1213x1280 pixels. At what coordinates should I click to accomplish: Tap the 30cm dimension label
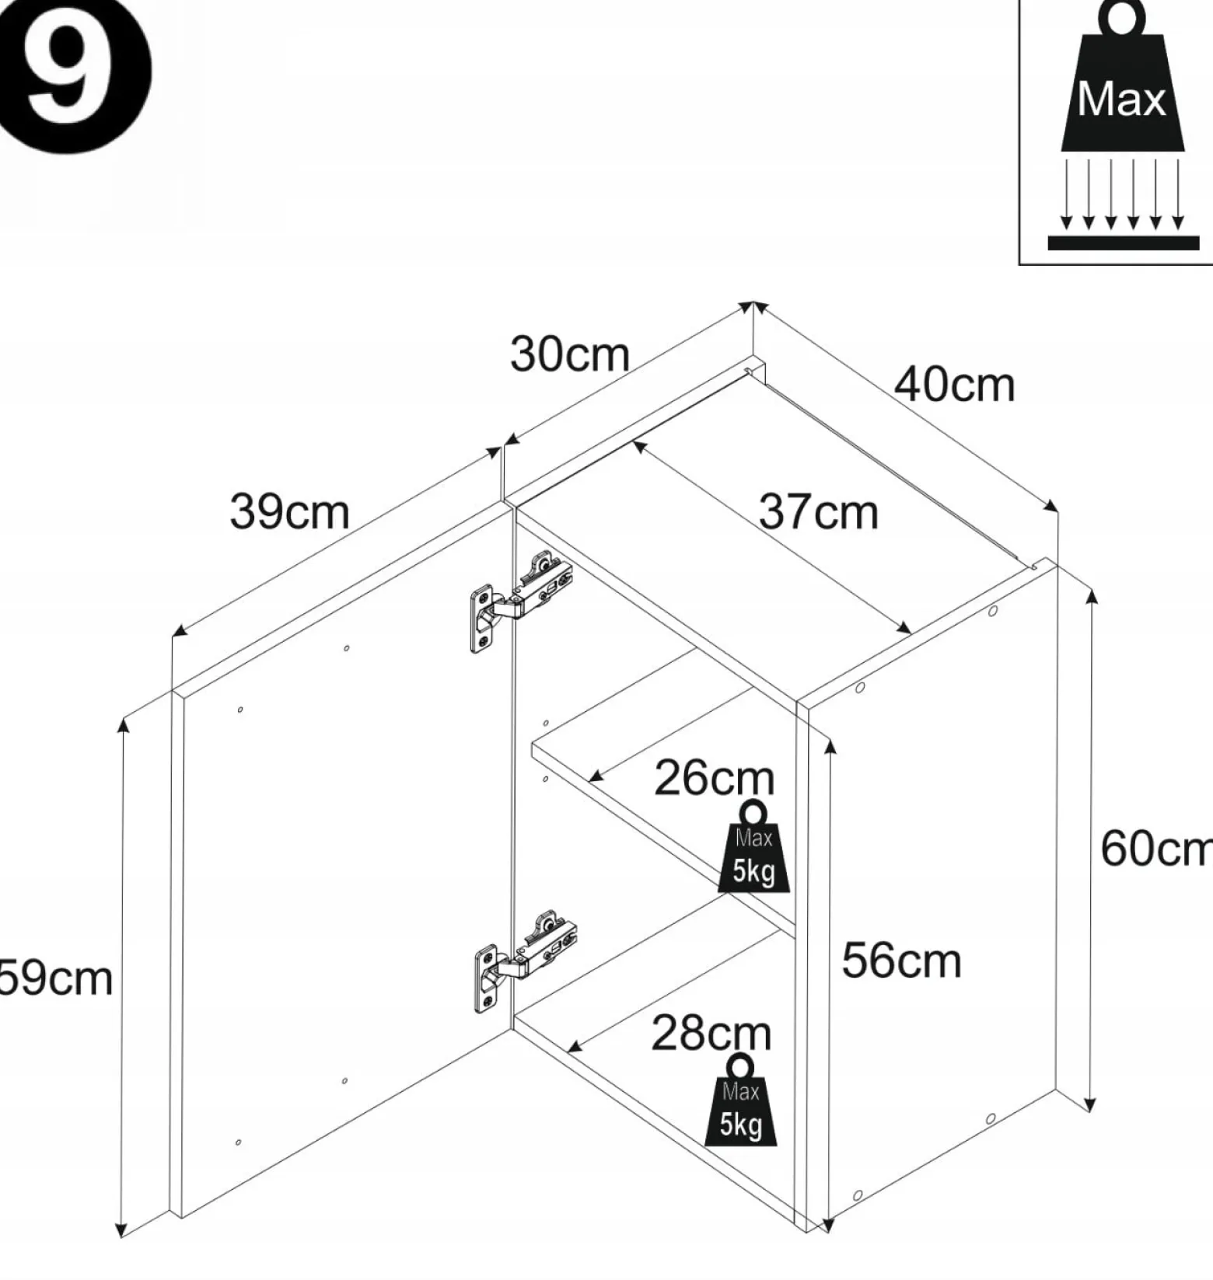(569, 354)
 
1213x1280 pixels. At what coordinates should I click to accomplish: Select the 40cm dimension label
(954, 384)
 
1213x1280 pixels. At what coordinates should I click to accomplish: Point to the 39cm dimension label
(289, 511)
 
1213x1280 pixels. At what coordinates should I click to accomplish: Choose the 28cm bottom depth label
(711, 1033)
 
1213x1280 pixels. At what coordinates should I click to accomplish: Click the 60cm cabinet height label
(1156, 848)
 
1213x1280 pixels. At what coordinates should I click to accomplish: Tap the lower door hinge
(525, 960)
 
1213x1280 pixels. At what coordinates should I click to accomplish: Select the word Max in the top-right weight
(1121, 99)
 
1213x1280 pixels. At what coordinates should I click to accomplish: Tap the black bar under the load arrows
(1123, 242)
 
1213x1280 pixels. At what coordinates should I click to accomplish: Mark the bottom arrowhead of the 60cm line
(1090, 1105)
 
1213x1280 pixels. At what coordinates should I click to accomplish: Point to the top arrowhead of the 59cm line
(121, 724)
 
